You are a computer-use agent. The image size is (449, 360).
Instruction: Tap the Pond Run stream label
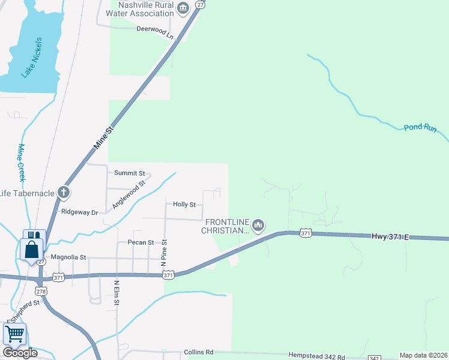[x=420, y=127]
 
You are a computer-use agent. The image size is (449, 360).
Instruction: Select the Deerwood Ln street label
[x=154, y=32]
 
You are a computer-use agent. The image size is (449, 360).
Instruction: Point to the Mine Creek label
[x=22, y=163]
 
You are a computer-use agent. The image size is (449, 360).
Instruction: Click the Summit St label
[x=127, y=173]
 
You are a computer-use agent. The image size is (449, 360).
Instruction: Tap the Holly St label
[x=184, y=205]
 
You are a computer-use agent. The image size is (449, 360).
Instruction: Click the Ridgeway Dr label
[x=79, y=212]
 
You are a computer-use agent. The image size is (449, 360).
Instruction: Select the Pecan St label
[x=141, y=242]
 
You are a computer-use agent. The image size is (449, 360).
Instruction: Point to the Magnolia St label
[x=68, y=257]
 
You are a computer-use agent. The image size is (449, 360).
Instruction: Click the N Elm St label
[x=116, y=292]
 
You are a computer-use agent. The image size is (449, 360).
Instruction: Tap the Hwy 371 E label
[x=390, y=237]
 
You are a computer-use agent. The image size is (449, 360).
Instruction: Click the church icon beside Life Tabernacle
[x=64, y=193]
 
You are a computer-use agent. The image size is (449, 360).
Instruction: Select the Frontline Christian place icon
[x=258, y=226]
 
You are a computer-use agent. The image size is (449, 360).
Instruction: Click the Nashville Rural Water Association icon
[x=184, y=8]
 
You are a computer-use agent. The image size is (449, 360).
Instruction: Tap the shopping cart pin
[x=14, y=333]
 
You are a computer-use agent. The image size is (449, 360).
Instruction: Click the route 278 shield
[x=41, y=291]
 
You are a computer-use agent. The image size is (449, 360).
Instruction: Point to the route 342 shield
[x=373, y=358]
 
